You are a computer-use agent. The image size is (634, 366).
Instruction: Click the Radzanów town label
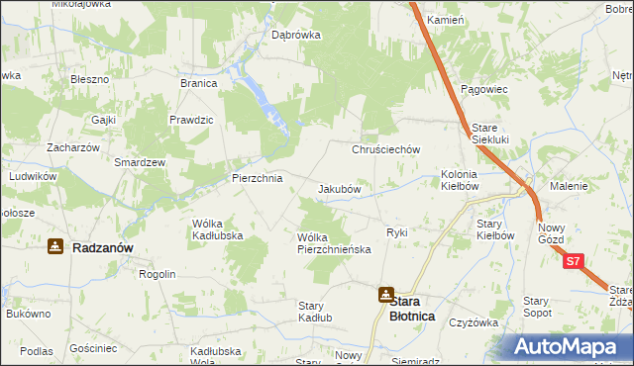click(x=103, y=248)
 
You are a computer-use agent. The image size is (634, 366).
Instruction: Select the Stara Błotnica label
click(x=415, y=308)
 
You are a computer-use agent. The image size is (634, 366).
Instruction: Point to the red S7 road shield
click(x=574, y=263)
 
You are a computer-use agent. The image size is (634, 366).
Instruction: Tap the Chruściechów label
click(x=387, y=149)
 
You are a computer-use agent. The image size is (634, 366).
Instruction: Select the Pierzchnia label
click(x=257, y=178)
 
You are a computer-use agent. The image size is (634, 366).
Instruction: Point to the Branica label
click(x=198, y=83)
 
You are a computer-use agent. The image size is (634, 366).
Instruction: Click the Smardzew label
click(x=140, y=161)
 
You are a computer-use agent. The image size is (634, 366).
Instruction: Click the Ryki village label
click(x=397, y=232)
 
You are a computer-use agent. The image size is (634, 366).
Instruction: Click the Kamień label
click(x=445, y=20)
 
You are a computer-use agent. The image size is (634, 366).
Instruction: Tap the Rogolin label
click(x=158, y=274)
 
